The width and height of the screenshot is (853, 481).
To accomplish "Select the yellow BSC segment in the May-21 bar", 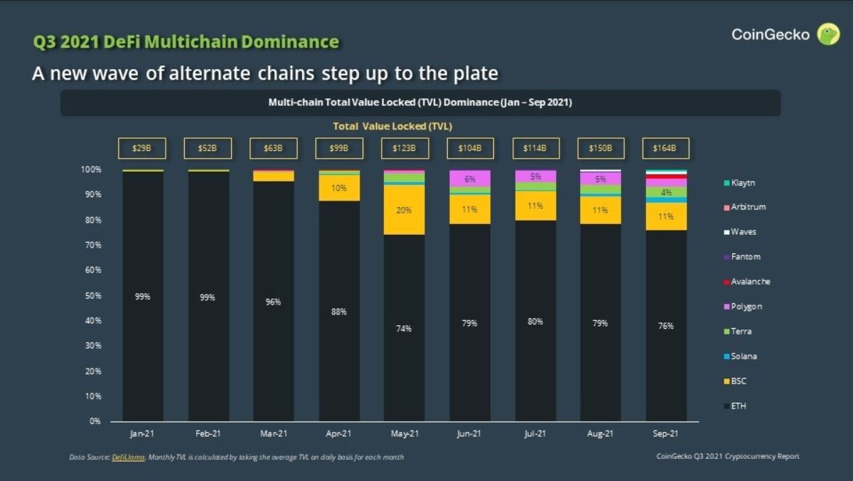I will click(x=404, y=210).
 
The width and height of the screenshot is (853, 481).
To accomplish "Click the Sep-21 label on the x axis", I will click(x=666, y=433).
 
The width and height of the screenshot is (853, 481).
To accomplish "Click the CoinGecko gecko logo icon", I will click(x=828, y=34).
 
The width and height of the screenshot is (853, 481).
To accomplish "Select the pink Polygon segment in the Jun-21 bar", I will click(x=470, y=179).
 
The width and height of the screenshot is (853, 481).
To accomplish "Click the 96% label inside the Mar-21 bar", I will click(x=274, y=302).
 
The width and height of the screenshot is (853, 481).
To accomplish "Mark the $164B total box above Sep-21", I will click(x=666, y=149).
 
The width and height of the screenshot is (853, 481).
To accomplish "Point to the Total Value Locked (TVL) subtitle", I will click(x=392, y=126).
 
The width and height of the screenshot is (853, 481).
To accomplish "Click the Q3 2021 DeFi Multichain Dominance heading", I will click(x=186, y=42).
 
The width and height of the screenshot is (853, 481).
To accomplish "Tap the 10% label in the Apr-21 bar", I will click(x=338, y=188).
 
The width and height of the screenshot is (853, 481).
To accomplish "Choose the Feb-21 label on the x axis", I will click(x=208, y=433).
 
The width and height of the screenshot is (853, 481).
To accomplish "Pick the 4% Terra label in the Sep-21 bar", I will click(x=666, y=192).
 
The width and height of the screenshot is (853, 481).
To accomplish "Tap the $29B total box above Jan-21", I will click(x=143, y=149).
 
